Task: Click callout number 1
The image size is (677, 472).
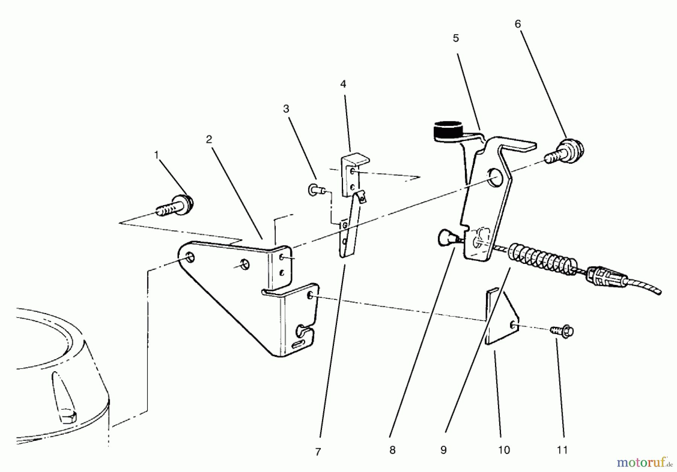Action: point(156,155)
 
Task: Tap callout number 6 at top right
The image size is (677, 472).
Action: point(518,24)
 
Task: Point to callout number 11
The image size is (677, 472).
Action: point(562,450)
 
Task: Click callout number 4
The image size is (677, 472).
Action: point(343,84)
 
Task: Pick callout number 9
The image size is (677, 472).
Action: point(443,450)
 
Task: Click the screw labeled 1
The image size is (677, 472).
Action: point(176,206)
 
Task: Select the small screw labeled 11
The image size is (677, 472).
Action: point(563,331)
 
